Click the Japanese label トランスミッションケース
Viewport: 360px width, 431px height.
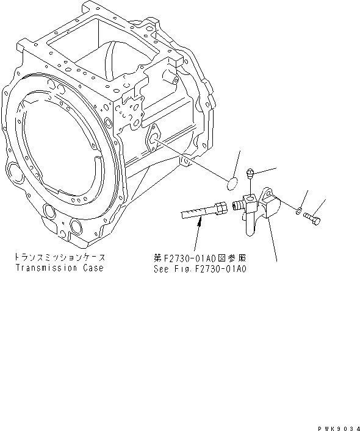pyautogui.click(x=59, y=257)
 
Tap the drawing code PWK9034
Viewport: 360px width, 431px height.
pyautogui.click(x=336, y=424)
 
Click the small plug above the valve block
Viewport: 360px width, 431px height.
pyautogui.click(x=251, y=174)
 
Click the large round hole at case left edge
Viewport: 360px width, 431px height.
pyautogui.click(x=10, y=170)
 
